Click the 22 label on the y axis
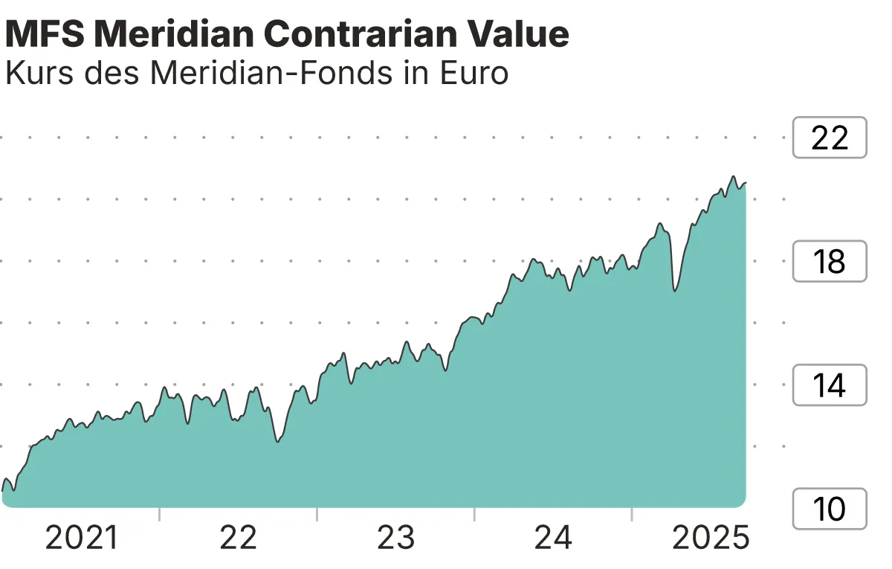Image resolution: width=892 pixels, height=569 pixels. click(x=830, y=138)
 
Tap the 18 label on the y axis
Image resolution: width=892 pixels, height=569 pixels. click(x=830, y=262)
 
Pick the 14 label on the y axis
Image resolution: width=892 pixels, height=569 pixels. click(x=830, y=385)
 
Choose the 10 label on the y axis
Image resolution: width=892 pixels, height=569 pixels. click(x=830, y=509)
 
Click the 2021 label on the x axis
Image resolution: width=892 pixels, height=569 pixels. click(x=82, y=538)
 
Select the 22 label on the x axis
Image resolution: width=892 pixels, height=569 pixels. click(x=238, y=538)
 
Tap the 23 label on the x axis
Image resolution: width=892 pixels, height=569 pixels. click(x=395, y=538)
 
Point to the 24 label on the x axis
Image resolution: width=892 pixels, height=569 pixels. click(x=553, y=538)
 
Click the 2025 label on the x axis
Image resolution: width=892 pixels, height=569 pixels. click(x=711, y=538)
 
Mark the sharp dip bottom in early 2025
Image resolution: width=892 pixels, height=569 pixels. click(x=674, y=290)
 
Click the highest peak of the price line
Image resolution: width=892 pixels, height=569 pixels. click(x=733, y=177)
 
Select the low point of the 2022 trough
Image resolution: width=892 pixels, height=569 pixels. click(x=277, y=442)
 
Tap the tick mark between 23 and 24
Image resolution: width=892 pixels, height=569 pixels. click(x=474, y=515)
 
